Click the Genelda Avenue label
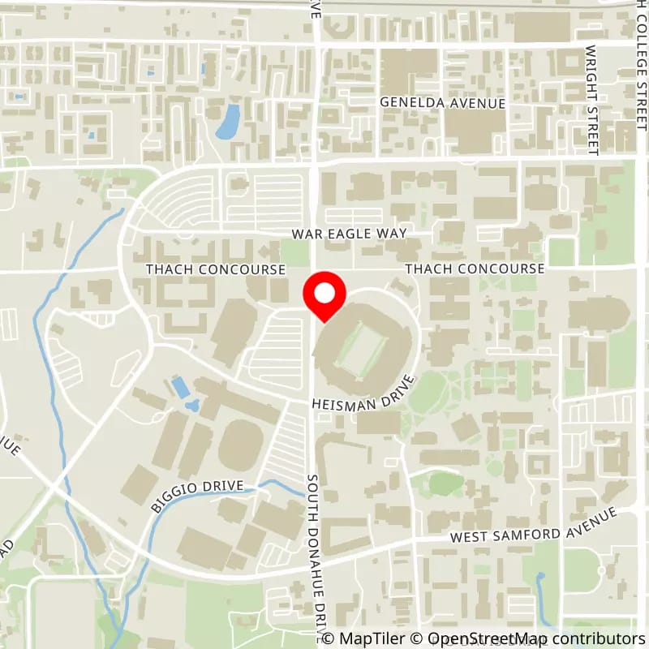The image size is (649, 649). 444,103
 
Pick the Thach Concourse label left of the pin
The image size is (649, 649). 215,269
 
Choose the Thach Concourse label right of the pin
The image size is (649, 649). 475,269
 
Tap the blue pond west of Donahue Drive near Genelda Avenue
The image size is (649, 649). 228,122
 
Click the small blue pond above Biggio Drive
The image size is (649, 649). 182,388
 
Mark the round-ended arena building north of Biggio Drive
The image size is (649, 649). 240,444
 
